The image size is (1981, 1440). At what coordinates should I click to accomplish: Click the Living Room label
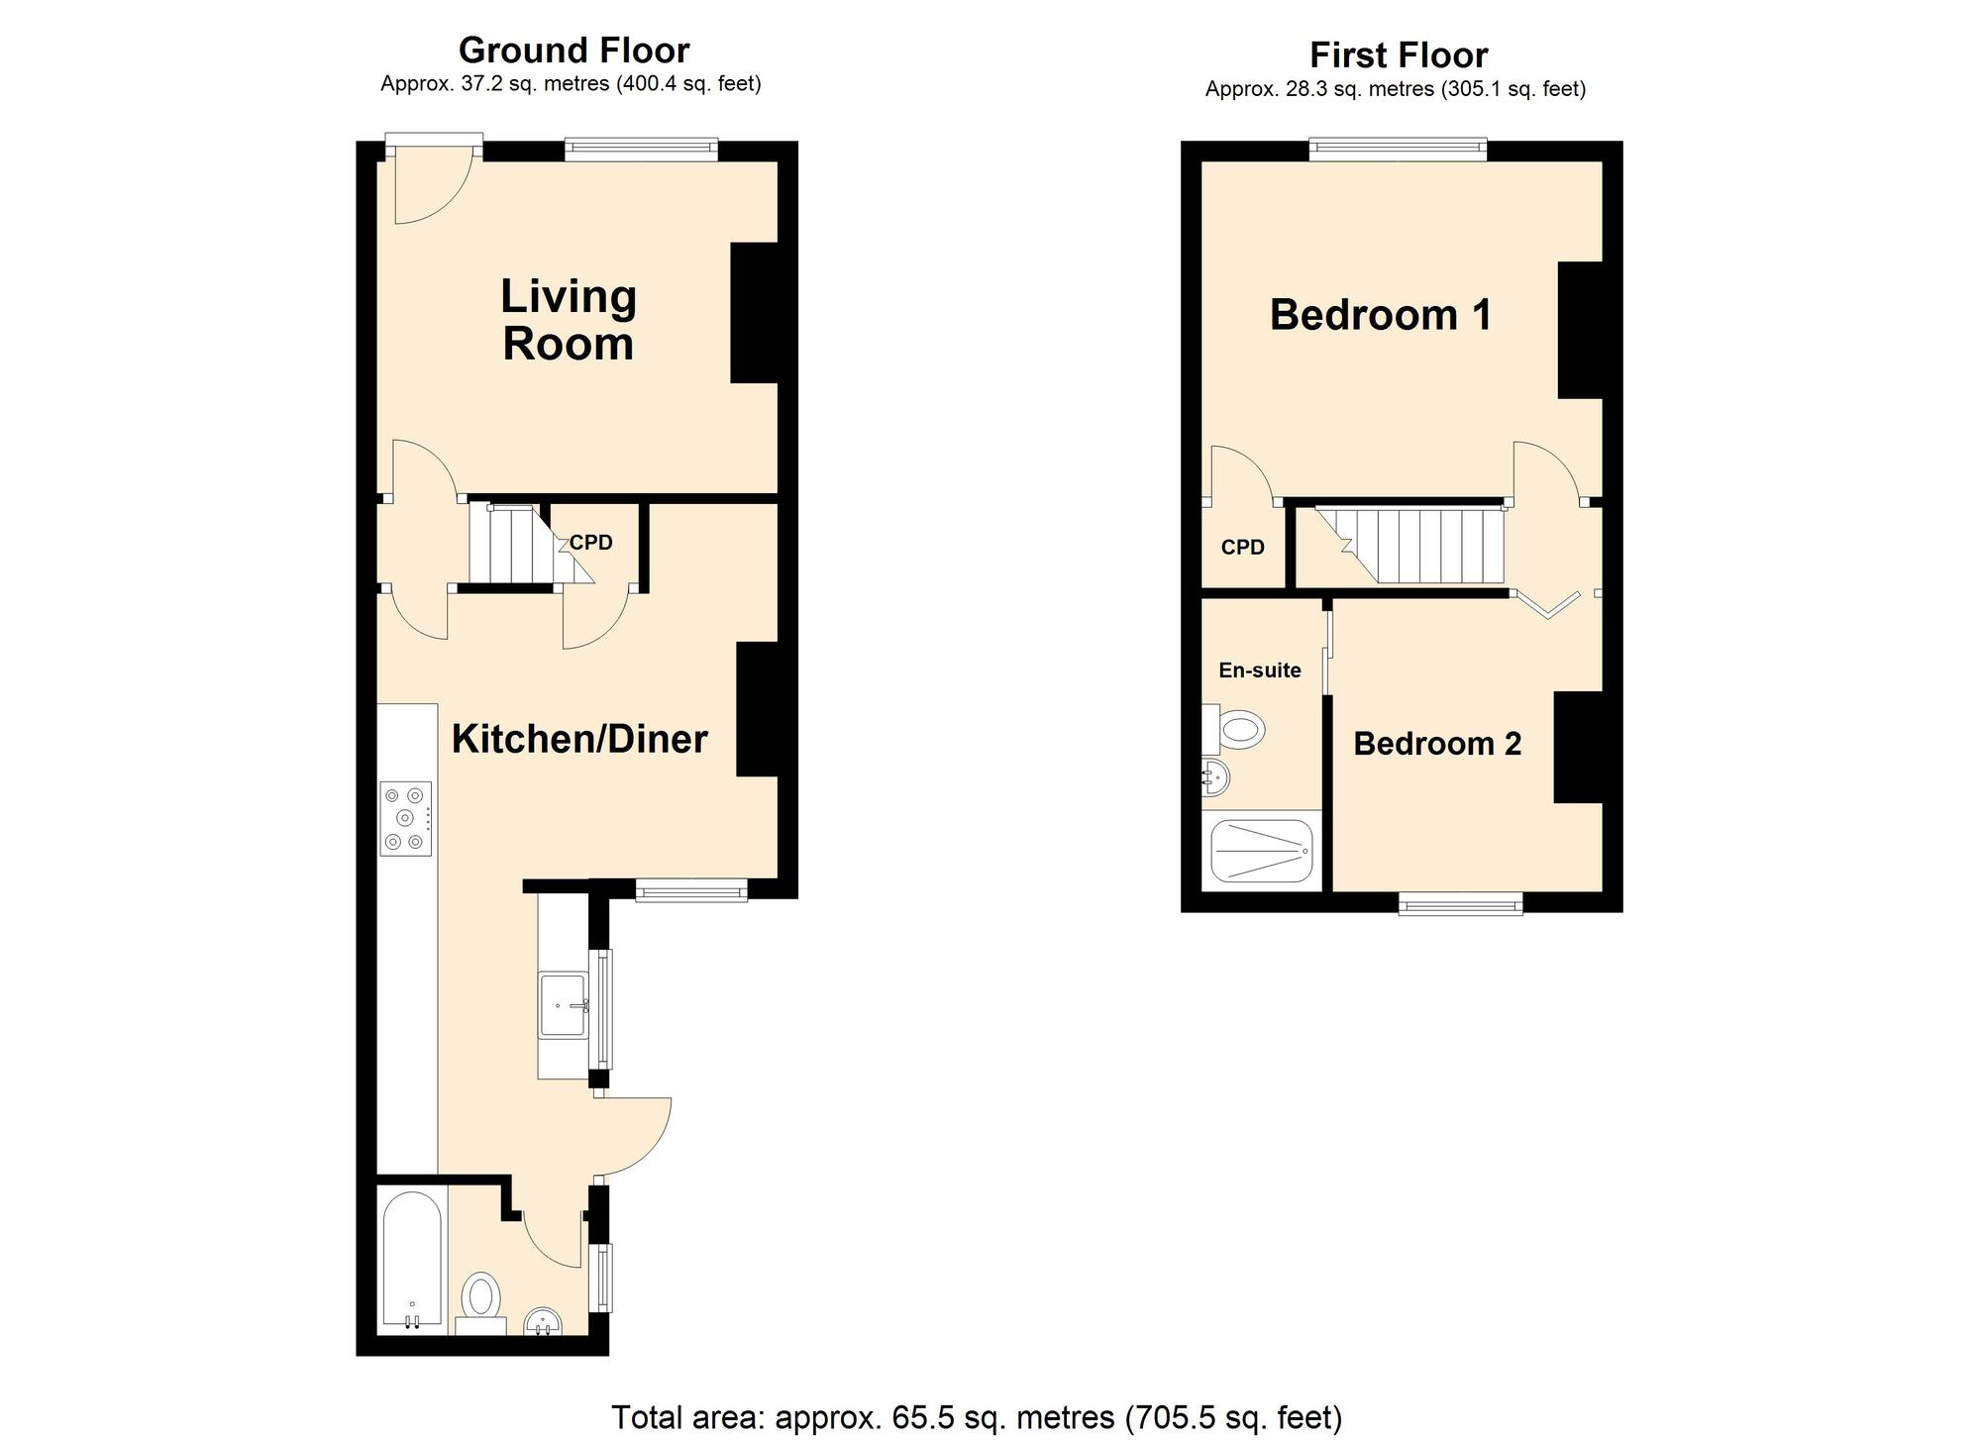(569, 320)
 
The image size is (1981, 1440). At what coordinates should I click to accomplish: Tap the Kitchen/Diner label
(579, 739)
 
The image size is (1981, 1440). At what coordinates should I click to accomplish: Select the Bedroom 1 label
(1381, 315)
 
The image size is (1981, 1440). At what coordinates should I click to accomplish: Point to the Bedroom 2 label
(1437, 744)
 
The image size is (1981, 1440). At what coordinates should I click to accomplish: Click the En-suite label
(1260, 670)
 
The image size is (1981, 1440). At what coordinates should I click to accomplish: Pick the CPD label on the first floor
(1243, 547)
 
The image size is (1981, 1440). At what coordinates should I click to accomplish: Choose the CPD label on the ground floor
(591, 543)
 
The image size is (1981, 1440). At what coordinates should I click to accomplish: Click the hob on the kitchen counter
(406, 818)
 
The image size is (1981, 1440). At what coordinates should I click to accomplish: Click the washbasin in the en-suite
(1215, 777)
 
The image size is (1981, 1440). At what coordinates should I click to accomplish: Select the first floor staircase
(1408, 546)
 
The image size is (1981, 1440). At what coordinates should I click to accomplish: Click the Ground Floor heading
(573, 50)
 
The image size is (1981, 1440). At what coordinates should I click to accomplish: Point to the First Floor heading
(1399, 54)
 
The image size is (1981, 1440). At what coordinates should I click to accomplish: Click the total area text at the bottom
(977, 1418)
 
